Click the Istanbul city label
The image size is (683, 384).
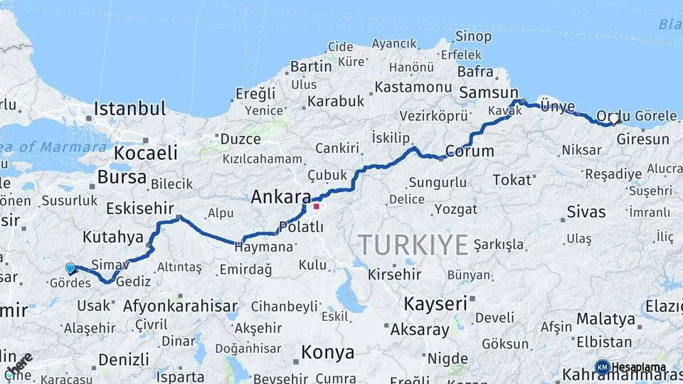(x=129, y=109)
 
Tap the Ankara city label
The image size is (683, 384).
(x=281, y=197)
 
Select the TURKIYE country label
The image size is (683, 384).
(x=413, y=245)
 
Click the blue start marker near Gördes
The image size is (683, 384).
(x=70, y=268)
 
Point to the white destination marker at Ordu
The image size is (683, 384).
(x=614, y=119)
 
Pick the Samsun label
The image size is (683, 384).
(x=489, y=92)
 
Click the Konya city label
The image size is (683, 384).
(x=327, y=352)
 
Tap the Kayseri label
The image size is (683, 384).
(x=436, y=304)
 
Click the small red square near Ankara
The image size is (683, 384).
(x=317, y=207)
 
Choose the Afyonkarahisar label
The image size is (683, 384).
(x=180, y=306)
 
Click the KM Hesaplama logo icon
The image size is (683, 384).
(x=602, y=367)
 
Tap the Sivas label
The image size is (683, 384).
(x=586, y=211)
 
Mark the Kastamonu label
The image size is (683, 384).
(x=413, y=87)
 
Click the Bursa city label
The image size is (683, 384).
(x=122, y=176)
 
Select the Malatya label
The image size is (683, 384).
(x=605, y=318)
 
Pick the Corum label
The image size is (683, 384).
(x=470, y=151)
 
